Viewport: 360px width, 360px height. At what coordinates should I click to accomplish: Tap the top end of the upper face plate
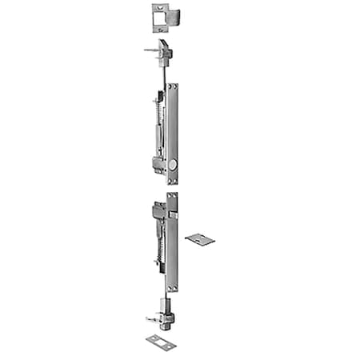tap(173, 86)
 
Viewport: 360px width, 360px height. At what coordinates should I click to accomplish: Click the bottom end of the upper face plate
tap(173, 181)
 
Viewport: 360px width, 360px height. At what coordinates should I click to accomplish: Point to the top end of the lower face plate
tap(173, 196)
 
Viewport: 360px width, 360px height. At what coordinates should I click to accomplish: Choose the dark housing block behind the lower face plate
tap(159, 214)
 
